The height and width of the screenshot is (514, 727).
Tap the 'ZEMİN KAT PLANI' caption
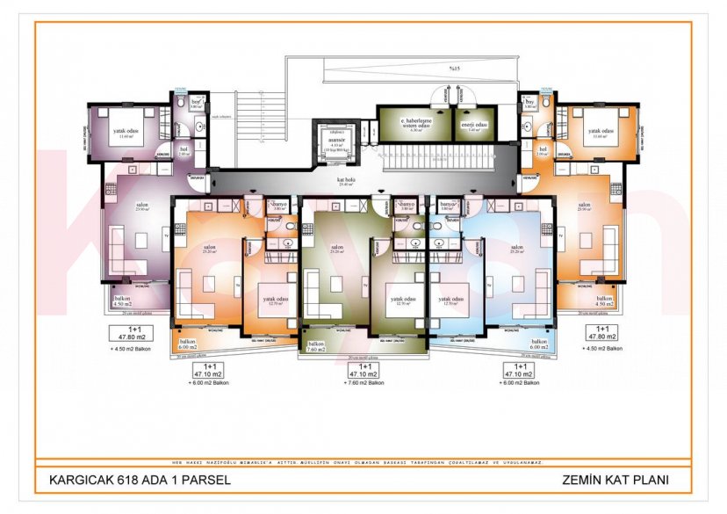(x=614, y=480)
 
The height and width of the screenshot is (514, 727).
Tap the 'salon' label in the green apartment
(x=337, y=249)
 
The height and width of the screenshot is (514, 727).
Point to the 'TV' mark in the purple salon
(x=167, y=235)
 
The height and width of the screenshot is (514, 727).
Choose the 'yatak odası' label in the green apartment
(x=401, y=300)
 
